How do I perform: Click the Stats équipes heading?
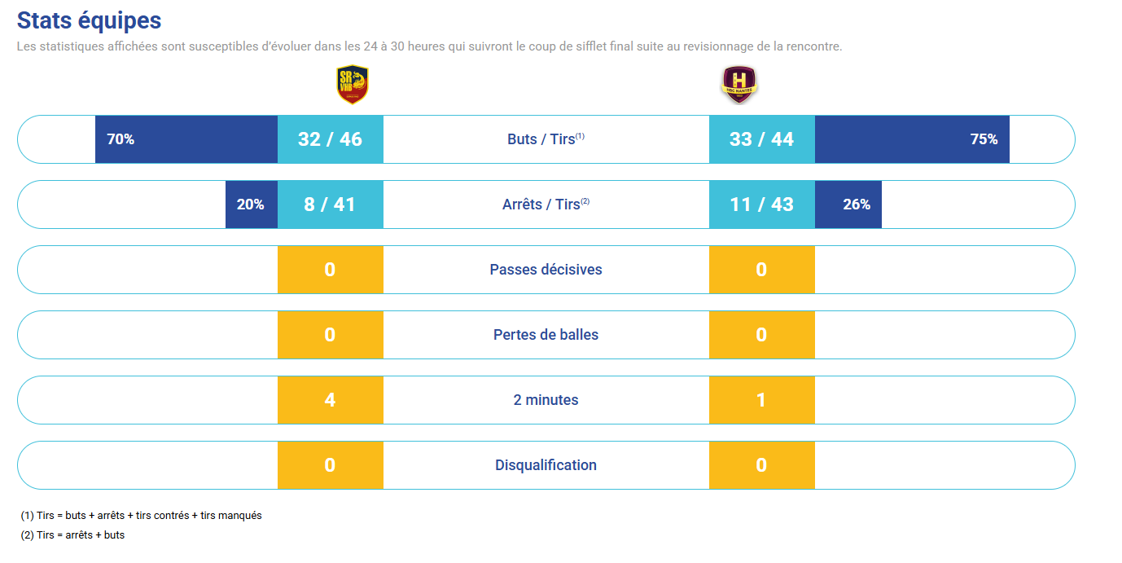pos(89,20)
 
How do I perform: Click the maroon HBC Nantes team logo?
pos(739,85)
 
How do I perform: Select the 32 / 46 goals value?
pos(330,139)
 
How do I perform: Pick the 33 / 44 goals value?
pos(761,139)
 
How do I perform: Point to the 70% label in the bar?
pos(121,139)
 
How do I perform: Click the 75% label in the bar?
pos(984,139)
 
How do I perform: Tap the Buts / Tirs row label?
pos(546,139)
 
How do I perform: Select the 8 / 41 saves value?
pos(330,205)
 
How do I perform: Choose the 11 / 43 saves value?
pos(761,205)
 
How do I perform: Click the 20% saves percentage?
pos(251,205)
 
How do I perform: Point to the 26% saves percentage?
pos(857,205)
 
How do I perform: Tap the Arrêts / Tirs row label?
pos(546,205)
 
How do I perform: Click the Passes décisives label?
pos(546,270)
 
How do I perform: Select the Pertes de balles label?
pos(546,335)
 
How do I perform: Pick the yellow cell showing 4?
pos(330,400)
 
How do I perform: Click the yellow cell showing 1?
pos(761,400)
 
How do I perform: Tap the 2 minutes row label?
pos(546,400)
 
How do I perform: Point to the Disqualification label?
pos(546,465)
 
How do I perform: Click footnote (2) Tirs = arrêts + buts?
pos(72,535)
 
